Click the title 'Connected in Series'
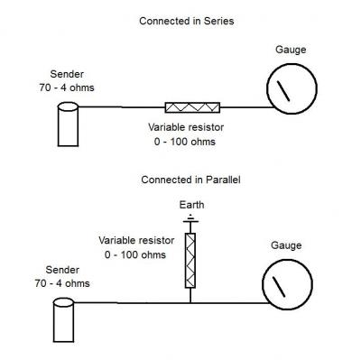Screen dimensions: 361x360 (187, 22)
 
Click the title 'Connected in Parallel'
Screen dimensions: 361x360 (190, 180)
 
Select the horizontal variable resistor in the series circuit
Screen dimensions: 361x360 (192, 107)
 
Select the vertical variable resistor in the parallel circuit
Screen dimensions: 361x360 (190, 261)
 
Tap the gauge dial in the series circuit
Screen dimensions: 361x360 (292, 64)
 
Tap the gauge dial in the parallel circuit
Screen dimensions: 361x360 (287, 259)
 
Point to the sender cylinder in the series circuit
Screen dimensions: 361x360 (68, 125)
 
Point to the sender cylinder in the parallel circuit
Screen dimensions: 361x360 (63, 319)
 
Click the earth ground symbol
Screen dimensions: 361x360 (190, 219)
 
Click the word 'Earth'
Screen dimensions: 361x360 (191, 205)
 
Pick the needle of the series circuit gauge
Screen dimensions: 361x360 (283, 91)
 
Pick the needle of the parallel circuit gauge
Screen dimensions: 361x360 (279, 287)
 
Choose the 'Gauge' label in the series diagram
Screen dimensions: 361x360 (291, 50)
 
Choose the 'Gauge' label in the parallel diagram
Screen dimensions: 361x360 (286, 245)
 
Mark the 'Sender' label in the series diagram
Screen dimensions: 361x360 (67, 74)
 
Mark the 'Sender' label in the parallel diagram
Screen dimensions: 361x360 (62, 270)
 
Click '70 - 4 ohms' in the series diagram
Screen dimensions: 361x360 (67, 88)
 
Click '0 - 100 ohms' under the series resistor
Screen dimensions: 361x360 (185, 142)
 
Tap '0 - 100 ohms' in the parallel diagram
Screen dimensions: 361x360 (135, 255)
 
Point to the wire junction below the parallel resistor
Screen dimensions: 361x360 (190, 303)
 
